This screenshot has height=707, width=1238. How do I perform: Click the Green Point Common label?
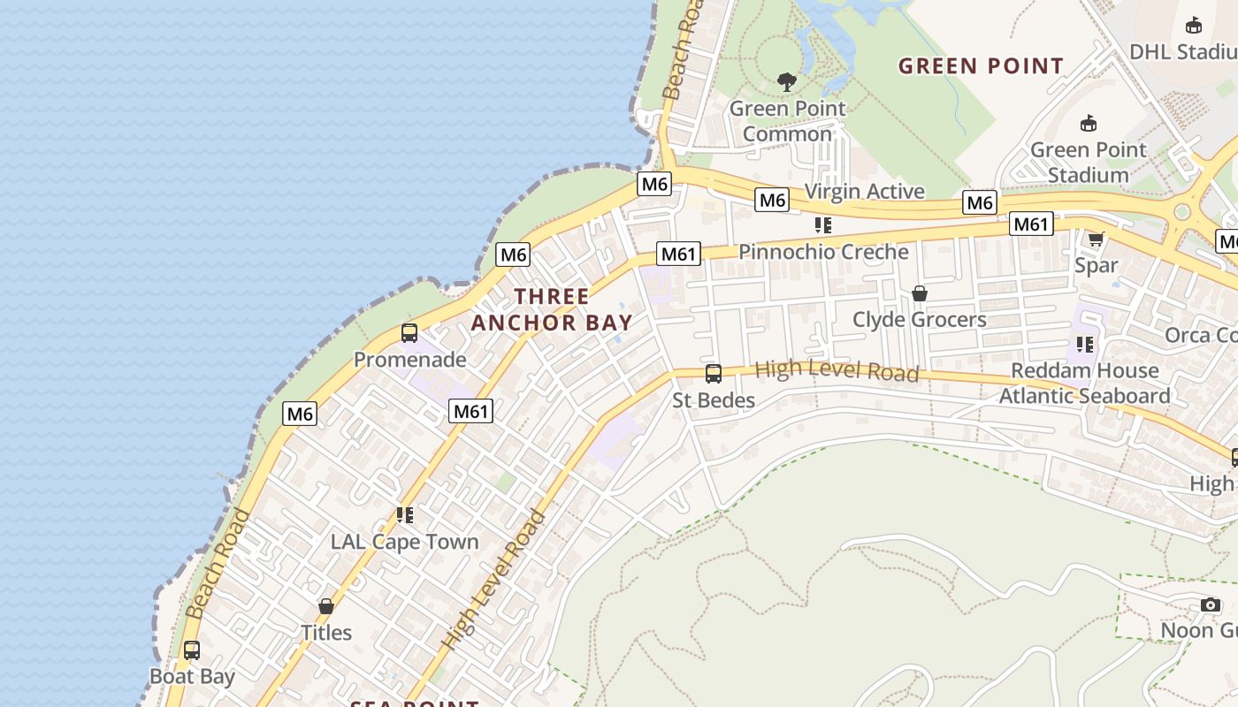[x=787, y=121]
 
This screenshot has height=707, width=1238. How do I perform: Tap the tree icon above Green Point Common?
[x=787, y=82]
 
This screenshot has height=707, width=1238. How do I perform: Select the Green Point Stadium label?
[x=1088, y=162]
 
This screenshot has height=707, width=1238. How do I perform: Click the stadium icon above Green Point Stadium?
[x=1089, y=124]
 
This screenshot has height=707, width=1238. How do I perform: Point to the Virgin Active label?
[x=864, y=192]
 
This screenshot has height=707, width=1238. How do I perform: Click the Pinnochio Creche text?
[x=823, y=252]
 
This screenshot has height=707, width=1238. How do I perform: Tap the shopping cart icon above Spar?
[x=1097, y=239]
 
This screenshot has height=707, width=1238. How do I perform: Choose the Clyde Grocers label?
[x=919, y=319]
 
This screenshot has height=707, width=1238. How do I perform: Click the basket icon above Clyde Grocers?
[x=920, y=293]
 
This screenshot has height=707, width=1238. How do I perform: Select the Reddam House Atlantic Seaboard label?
[x=1084, y=383]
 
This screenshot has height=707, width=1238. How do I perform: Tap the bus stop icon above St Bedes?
[x=714, y=374]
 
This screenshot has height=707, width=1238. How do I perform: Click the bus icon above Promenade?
[x=409, y=333]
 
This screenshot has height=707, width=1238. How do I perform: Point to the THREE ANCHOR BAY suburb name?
[x=552, y=309]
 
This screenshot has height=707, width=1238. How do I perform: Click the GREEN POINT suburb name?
[x=981, y=66]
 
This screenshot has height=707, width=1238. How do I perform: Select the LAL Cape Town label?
[x=404, y=542]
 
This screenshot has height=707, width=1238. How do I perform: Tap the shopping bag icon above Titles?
[x=326, y=606]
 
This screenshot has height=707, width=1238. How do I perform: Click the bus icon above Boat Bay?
[x=192, y=650]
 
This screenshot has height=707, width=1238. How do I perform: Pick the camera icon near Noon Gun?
[x=1211, y=604]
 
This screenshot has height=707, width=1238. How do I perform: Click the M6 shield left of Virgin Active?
[x=772, y=201]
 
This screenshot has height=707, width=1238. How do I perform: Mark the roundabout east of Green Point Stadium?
[x=1182, y=212]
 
